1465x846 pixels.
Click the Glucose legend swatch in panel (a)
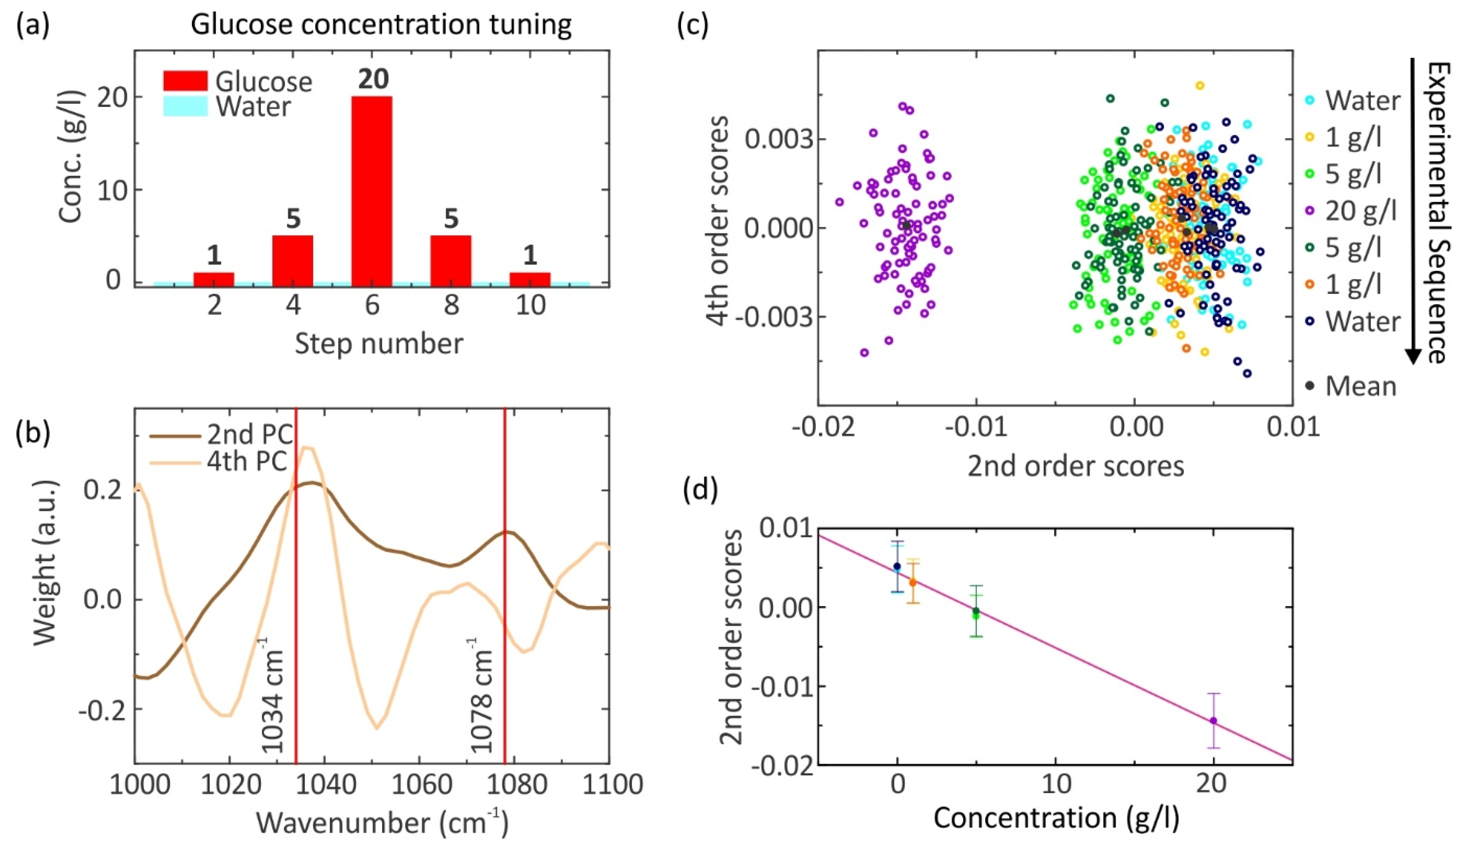click(185, 81)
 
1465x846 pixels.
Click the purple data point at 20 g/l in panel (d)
click(1213, 720)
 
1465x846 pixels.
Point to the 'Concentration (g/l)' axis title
click(1056, 818)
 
